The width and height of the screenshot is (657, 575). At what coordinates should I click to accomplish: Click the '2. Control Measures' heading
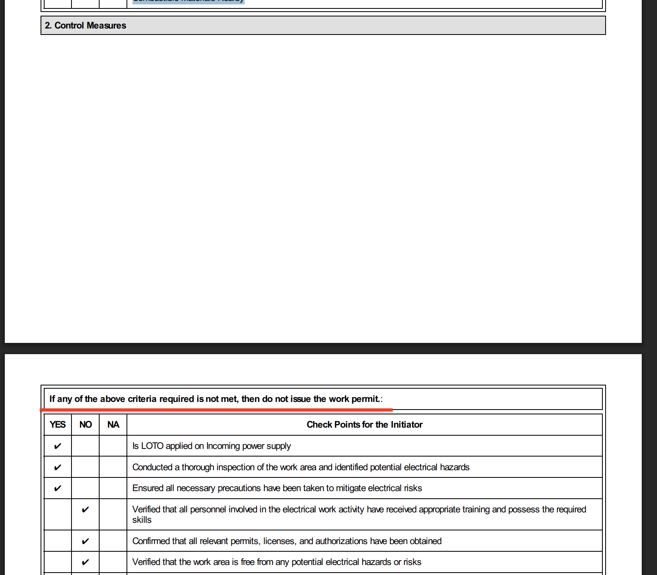click(86, 26)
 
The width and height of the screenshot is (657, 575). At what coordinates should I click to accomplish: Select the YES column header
click(57, 425)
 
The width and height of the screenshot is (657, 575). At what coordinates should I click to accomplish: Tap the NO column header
click(86, 425)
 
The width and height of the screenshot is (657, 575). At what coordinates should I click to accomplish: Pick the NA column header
click(113, 425)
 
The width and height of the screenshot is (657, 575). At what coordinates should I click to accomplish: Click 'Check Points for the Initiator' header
click(364, 425)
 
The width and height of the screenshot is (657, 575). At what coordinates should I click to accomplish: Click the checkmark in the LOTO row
click(57, 446)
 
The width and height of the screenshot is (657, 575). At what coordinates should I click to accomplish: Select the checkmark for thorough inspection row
click(57, 467)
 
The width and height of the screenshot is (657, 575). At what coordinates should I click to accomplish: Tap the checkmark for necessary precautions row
click(57, 488)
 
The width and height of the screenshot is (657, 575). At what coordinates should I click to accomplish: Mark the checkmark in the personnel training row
click(85, 510)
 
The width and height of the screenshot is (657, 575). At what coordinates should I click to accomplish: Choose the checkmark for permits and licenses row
click(85, 541)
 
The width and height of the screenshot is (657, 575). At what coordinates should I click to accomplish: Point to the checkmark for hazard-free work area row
click(85, 562)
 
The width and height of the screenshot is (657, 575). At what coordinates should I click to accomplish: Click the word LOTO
click(152, 446)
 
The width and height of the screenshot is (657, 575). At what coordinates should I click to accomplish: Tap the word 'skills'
click(142, 520)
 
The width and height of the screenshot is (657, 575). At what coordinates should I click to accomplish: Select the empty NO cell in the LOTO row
click(85, 446)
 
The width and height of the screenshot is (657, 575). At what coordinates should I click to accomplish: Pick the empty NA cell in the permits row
click(113, 541)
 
